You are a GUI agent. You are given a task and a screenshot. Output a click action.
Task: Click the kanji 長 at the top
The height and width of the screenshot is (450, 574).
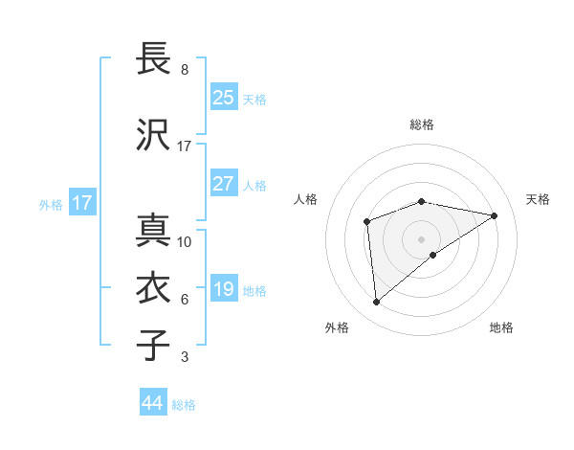[x=153, y=59]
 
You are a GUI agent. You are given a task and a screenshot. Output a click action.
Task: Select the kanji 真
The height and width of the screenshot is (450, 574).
[x=153, y=230]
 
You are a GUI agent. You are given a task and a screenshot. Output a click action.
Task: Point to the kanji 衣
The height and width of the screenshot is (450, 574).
[x=153, y=288]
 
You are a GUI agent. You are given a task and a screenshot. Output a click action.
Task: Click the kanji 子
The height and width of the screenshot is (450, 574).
[x=153, y=345]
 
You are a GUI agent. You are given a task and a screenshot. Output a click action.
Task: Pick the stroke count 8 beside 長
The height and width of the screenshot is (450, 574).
[x=185, y=70]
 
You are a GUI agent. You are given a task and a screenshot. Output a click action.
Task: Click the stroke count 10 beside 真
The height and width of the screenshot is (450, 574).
[x=185, y=241]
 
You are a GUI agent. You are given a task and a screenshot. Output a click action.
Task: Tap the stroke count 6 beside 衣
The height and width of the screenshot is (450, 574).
[x=185, y=300]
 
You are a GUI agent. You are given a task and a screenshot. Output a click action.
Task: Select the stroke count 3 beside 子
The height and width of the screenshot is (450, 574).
[x=185, y=357]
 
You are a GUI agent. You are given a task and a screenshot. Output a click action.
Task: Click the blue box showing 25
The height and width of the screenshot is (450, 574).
[x=224, y=97]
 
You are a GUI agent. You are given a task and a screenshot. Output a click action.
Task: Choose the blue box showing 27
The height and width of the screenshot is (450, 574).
[x=224, y=184]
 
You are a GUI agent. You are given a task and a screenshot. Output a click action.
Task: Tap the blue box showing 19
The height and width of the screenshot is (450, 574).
[x=224, y=289]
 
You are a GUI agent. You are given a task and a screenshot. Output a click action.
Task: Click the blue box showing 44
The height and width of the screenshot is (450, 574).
[x=153, y=403]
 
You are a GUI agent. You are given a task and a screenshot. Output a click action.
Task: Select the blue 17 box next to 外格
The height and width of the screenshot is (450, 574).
[x=81, y=203]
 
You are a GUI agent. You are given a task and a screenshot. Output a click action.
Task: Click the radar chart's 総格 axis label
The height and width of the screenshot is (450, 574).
[x=422, y=124]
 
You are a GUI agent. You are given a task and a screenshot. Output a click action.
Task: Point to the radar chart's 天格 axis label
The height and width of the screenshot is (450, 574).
[x=538, y=199]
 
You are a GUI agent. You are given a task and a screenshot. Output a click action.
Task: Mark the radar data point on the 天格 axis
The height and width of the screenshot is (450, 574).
[x=495, y=215]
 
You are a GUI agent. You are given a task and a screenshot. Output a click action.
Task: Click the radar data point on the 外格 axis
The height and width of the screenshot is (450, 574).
[x=377, y=303]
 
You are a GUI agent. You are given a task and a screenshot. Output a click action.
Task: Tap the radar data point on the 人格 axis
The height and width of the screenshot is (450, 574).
[x=366, y=223]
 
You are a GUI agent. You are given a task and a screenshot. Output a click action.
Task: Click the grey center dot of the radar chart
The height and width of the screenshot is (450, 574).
[x=422, y=238]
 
